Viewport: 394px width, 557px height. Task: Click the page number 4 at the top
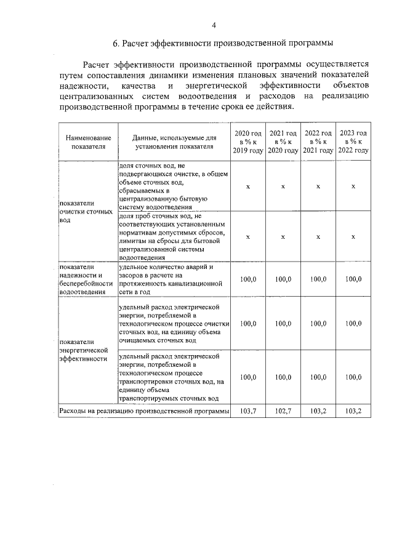[214, 25]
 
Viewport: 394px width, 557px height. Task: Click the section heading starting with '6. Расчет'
[222, 43]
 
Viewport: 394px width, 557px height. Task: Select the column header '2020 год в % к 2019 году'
[248, 142]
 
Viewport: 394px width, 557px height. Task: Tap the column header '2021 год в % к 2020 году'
[283, 142]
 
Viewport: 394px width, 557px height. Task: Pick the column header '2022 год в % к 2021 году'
[318, 142]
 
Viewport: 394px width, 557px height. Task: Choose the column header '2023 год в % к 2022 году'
[353, 142]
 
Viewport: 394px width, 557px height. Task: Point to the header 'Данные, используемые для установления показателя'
[174, 142]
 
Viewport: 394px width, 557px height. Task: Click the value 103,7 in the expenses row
[248, 411]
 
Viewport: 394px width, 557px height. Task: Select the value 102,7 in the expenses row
[283, 411]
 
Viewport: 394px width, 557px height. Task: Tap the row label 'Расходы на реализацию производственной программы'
[143, 411]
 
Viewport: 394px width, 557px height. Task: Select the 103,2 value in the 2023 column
[353, 411]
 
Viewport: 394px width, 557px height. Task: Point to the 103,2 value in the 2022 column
[318, 411]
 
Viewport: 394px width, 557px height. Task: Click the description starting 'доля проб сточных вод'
[172, 237]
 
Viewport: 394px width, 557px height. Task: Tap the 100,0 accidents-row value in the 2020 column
[248, 279]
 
